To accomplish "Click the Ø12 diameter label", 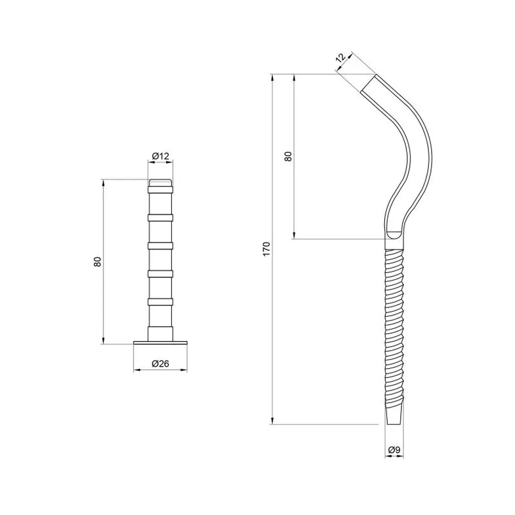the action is coord(161,156).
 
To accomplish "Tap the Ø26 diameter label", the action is coord(160,364).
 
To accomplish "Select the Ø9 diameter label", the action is coord(394,450).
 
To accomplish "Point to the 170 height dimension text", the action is coord(266,249).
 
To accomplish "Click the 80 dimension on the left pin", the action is coord(97,262).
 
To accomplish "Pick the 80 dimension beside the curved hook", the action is coord(288,157).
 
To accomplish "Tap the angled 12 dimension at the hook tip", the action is coord(341,58).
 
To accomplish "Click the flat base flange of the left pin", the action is coord(160,343).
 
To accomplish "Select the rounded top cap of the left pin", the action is coord(160,183).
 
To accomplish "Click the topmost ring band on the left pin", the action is coord(160,190).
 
